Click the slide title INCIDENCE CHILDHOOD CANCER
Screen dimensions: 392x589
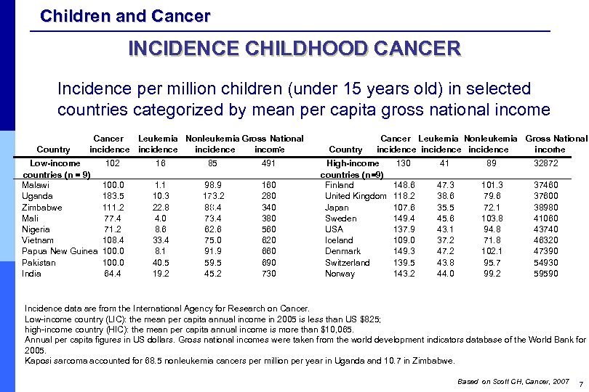click(x=294, y=49)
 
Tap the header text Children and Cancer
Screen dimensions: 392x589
click(x=125, y=15)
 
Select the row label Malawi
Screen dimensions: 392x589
click(x=36, y=185)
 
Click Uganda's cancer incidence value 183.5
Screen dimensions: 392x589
click(x=113, y=196)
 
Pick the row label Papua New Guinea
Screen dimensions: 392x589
click(x=60, y=252)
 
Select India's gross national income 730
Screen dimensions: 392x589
click(x=269, y=274)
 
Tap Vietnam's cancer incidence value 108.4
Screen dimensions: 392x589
click(x=113, y=240)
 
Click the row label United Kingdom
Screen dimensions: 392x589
click(x=356, y=196)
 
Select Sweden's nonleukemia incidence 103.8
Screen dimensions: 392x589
click(x=492, y=219)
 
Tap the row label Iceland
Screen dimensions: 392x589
click(x=339, y=240)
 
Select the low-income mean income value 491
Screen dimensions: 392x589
click(x=269, y=163)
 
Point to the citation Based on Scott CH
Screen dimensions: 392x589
click(x=488, y=381)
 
